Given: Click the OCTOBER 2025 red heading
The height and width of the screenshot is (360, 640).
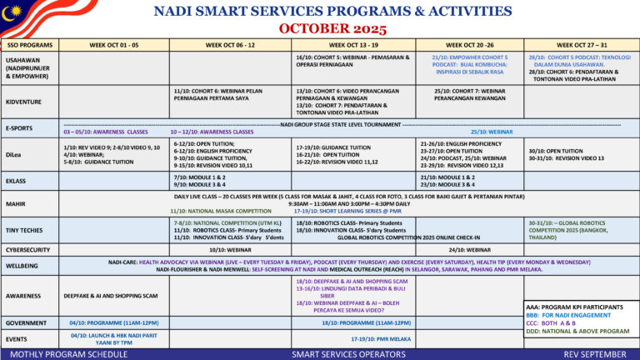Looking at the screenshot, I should pos(320,28).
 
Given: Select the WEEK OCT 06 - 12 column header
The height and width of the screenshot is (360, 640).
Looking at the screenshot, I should pos(229,44).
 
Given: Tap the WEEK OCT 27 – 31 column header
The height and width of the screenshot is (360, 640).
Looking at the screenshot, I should pos(582,44).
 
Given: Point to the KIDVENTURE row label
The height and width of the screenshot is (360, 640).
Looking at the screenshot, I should pos(24,102).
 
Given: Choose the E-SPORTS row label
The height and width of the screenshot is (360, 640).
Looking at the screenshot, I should pos(19,128).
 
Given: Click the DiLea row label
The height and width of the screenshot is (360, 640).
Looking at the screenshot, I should pos(13,155).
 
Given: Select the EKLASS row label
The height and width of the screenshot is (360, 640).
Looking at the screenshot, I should pos(16,181).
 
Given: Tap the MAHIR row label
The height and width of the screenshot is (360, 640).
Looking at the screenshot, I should pos(15,204).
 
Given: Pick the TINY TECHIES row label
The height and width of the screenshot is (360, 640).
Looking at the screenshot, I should pos(24,230).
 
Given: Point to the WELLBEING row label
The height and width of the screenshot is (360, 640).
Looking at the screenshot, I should pos(21,266).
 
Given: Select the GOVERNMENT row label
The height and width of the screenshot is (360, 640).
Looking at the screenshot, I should pos(26,322).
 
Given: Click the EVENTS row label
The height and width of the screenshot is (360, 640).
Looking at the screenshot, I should pos(17,339).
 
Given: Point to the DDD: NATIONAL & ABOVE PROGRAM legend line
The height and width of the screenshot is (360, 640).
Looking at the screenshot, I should pos(577,331).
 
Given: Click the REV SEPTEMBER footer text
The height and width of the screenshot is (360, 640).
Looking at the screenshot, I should pos(593,354).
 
